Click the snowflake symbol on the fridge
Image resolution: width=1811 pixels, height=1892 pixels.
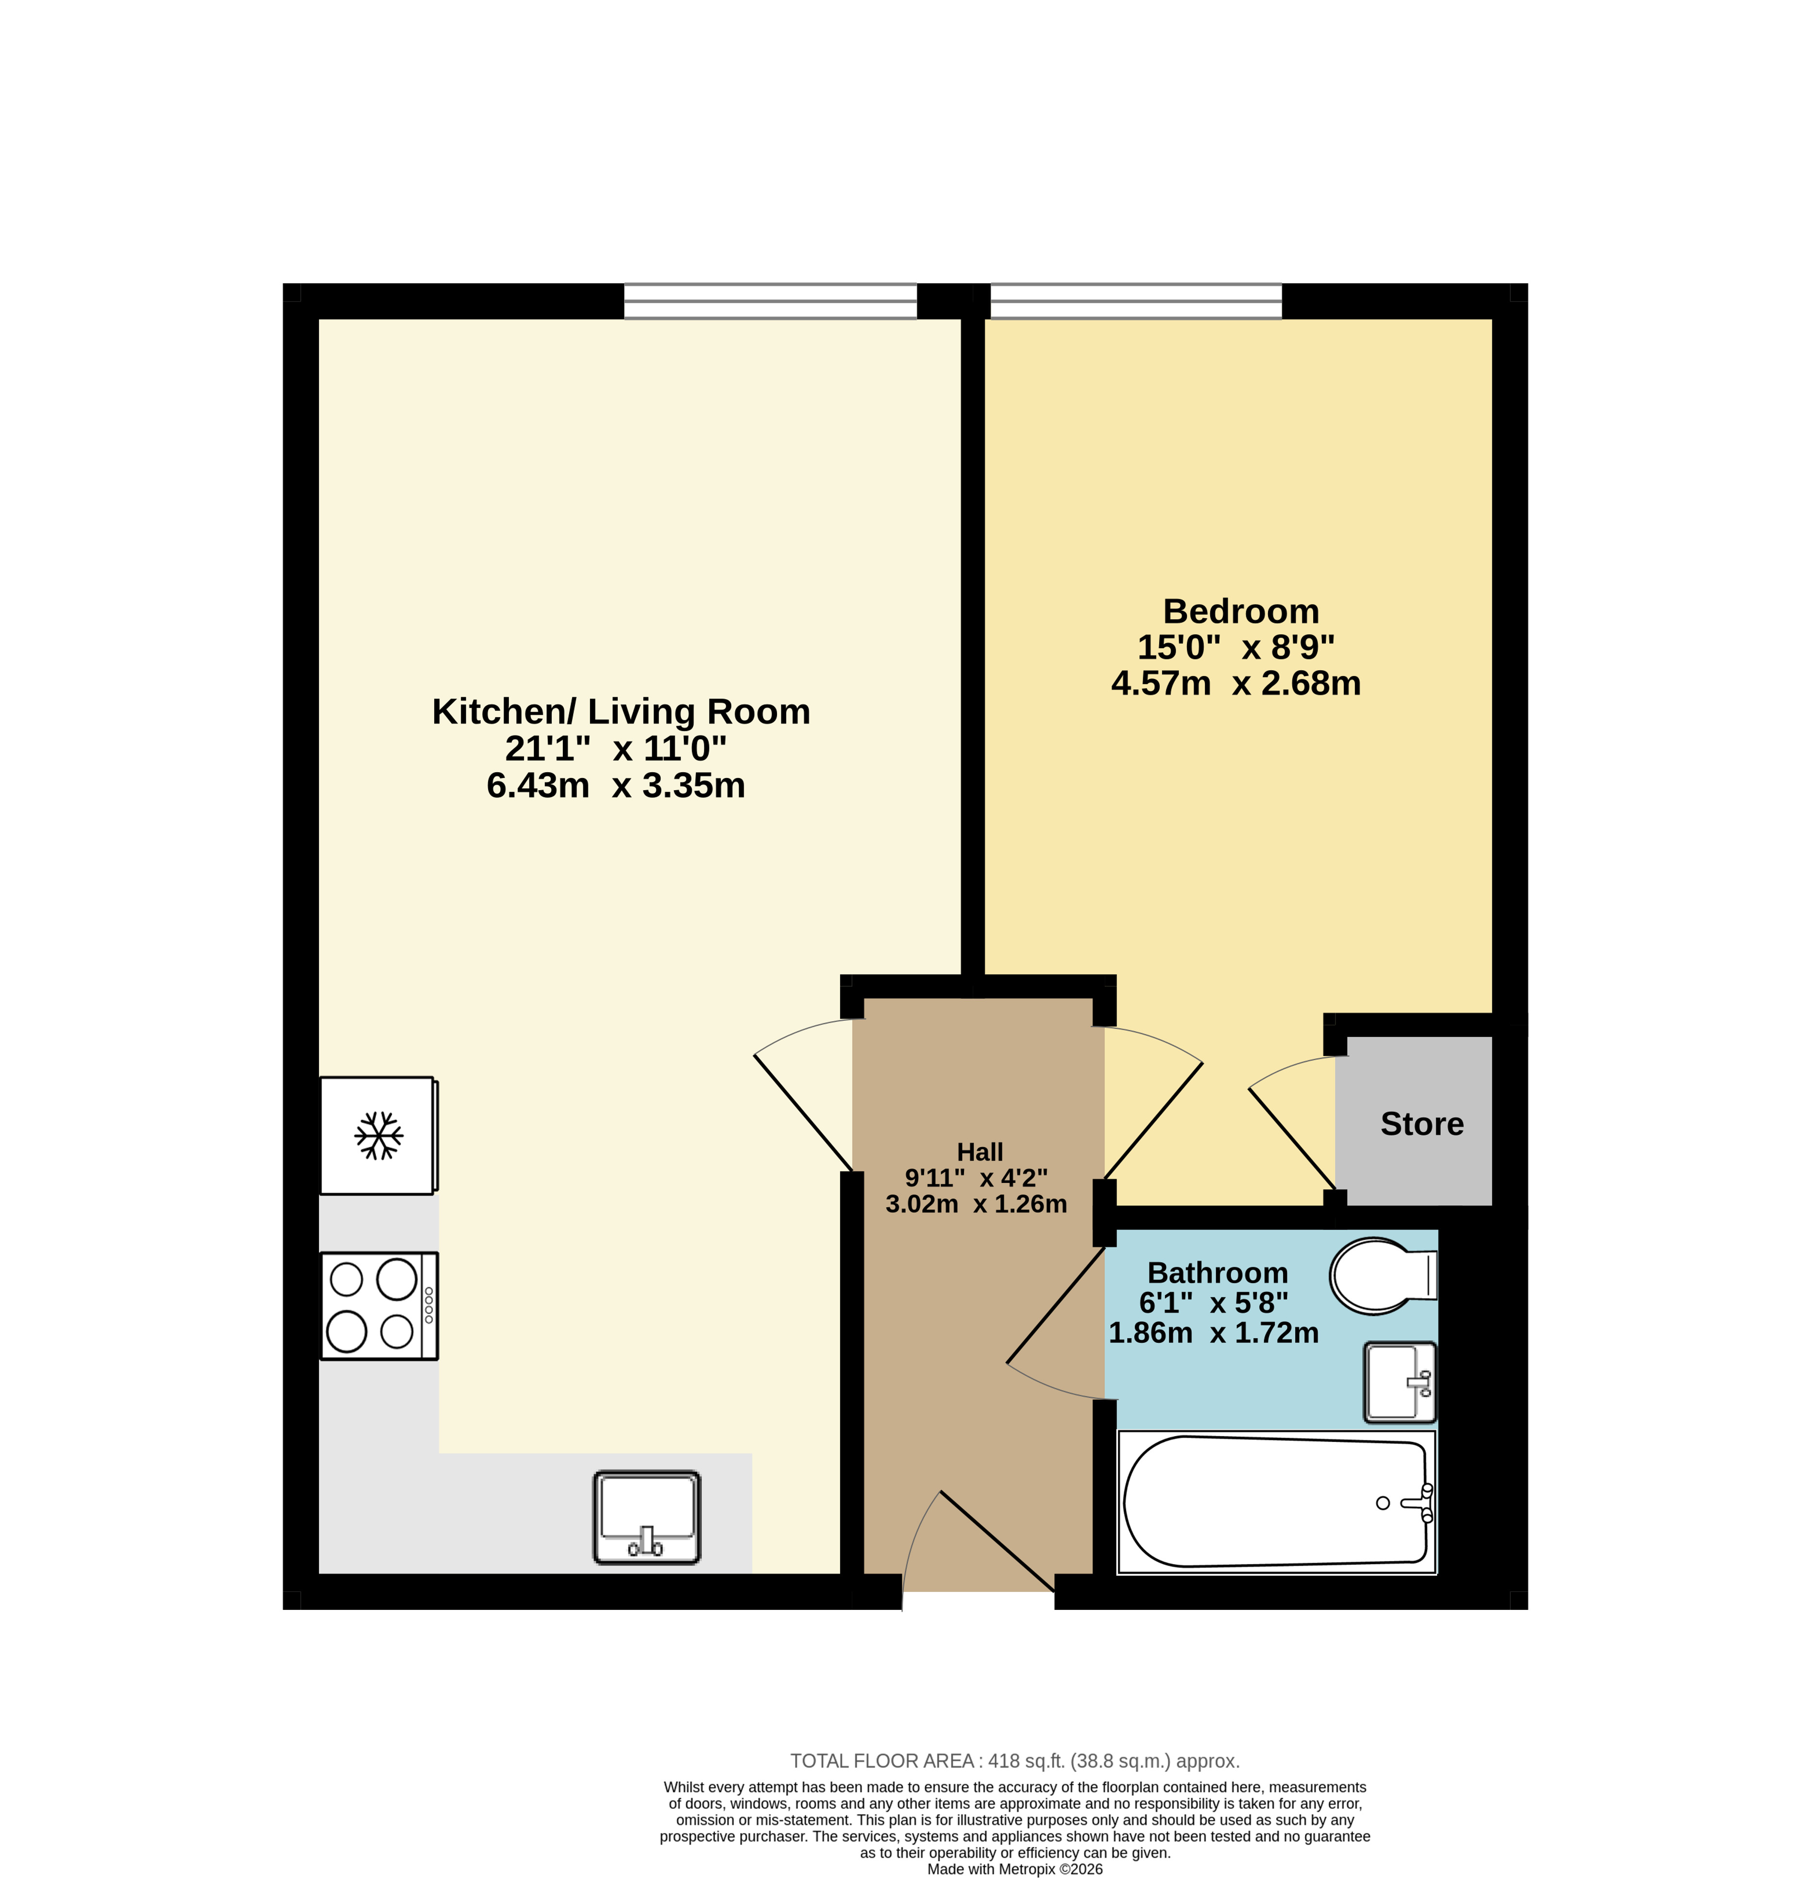[x=378, y=1136]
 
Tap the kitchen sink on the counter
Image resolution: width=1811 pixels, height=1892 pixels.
[x=647, y=1518]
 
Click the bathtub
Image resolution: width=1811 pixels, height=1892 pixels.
[x=1276, y=1502]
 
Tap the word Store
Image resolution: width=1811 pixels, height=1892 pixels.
[x=1422, y=1124]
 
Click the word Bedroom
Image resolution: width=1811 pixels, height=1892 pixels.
[x=1240, y=611]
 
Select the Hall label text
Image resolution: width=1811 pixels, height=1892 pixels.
[x=980, y=1151]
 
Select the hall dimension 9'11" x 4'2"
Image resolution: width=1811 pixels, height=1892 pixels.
[x=976, y=1178]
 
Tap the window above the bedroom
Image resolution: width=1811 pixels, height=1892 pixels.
[x=1136, y=301]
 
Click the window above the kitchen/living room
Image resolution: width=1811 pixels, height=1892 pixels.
[x=770, y=301]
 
